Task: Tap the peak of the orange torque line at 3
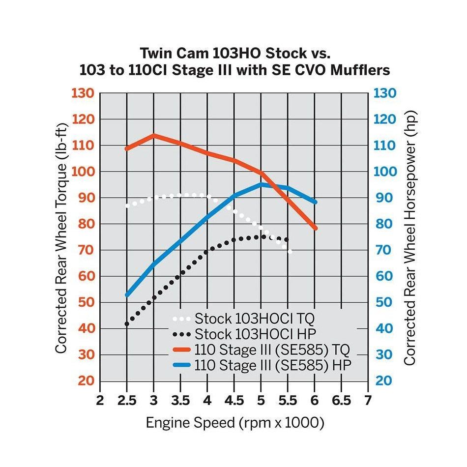pos(154,135)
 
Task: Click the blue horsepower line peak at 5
pos(262,184)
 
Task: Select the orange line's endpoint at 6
pos(315,228)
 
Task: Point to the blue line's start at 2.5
pos(127,295)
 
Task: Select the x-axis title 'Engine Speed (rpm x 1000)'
pos(234,423)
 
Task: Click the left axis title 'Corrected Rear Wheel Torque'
pos(60,236)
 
